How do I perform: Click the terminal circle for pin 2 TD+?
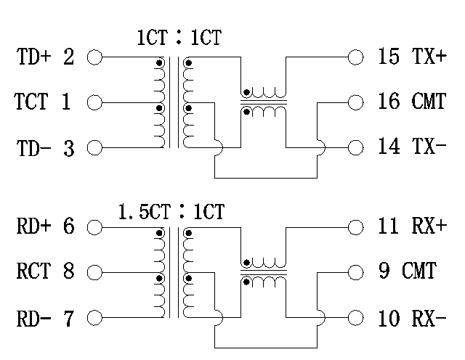[94, 57]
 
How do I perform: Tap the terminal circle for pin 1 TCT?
[94, 102]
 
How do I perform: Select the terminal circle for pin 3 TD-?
[94, 148]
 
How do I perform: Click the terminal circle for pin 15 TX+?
[355, 57]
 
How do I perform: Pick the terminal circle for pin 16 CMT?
[355, 102]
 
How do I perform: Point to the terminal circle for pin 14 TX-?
[355, 148]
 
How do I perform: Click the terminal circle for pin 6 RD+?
[94, 227]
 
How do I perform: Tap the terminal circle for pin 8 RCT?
[94, 273]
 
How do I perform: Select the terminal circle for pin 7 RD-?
[94, 318]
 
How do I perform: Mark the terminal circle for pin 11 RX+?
[355, 227]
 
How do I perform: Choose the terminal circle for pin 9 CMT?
[355, 273]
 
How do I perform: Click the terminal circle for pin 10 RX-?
[355, 318]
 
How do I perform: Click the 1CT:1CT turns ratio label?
[179, 38]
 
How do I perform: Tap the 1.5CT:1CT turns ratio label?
[171, 212]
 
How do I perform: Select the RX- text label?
[429, 319]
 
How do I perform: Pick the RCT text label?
[33, 273]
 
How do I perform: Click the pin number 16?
[389, 102]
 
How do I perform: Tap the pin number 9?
[386, 273]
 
